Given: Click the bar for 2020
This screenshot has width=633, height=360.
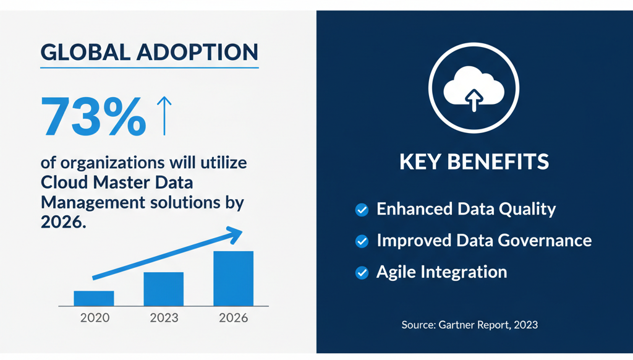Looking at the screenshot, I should tap(94, 298).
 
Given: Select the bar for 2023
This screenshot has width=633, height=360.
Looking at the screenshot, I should tap(163, 289).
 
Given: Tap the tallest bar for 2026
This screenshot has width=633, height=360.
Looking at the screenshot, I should tap(233, 278).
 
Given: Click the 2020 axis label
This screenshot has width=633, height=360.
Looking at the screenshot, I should tap(95, 318).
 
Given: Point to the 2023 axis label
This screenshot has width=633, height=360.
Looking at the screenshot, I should tap(164, 318).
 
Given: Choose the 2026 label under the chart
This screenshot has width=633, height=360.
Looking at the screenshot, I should tap(233, 318).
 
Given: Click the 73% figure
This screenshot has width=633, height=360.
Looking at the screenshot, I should tap(93, 117).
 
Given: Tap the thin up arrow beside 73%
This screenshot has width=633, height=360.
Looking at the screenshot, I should tap(164, 116).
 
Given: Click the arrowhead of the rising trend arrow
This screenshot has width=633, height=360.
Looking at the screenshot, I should tap(233, 233).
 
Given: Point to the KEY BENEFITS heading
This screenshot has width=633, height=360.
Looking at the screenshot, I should tap(474, 162).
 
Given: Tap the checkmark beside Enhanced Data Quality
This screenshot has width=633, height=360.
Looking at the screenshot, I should tap(362, 210).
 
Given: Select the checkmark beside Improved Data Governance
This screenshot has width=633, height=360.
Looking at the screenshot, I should tap(362, 241).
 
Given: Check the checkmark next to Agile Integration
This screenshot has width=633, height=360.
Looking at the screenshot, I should tap(362, 272).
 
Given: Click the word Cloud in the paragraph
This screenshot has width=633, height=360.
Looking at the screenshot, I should tap(65, 183).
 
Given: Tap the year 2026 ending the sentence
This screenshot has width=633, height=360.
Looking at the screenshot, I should tap(61, 222).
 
